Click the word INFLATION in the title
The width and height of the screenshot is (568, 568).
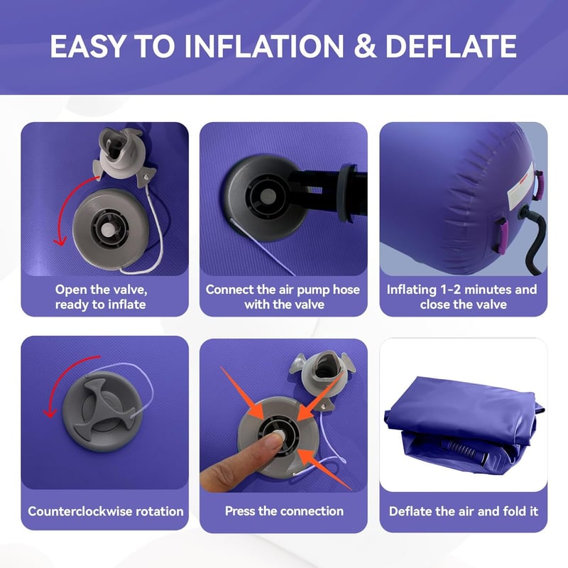point(264,46)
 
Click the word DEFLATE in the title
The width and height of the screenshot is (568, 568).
point(451,46)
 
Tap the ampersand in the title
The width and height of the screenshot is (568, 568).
point(365,46)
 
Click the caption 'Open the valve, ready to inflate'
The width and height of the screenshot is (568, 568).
point(101,297)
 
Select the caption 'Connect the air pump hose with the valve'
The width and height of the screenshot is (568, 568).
point(283,297)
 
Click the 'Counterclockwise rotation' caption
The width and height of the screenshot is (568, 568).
point(105,511)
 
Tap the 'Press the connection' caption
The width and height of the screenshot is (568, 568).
point(284,510)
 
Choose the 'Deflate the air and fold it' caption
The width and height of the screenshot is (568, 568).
point(464,511)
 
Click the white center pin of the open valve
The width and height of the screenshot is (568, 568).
point(108,229)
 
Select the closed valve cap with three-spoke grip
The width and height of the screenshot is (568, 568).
point(102,412)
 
